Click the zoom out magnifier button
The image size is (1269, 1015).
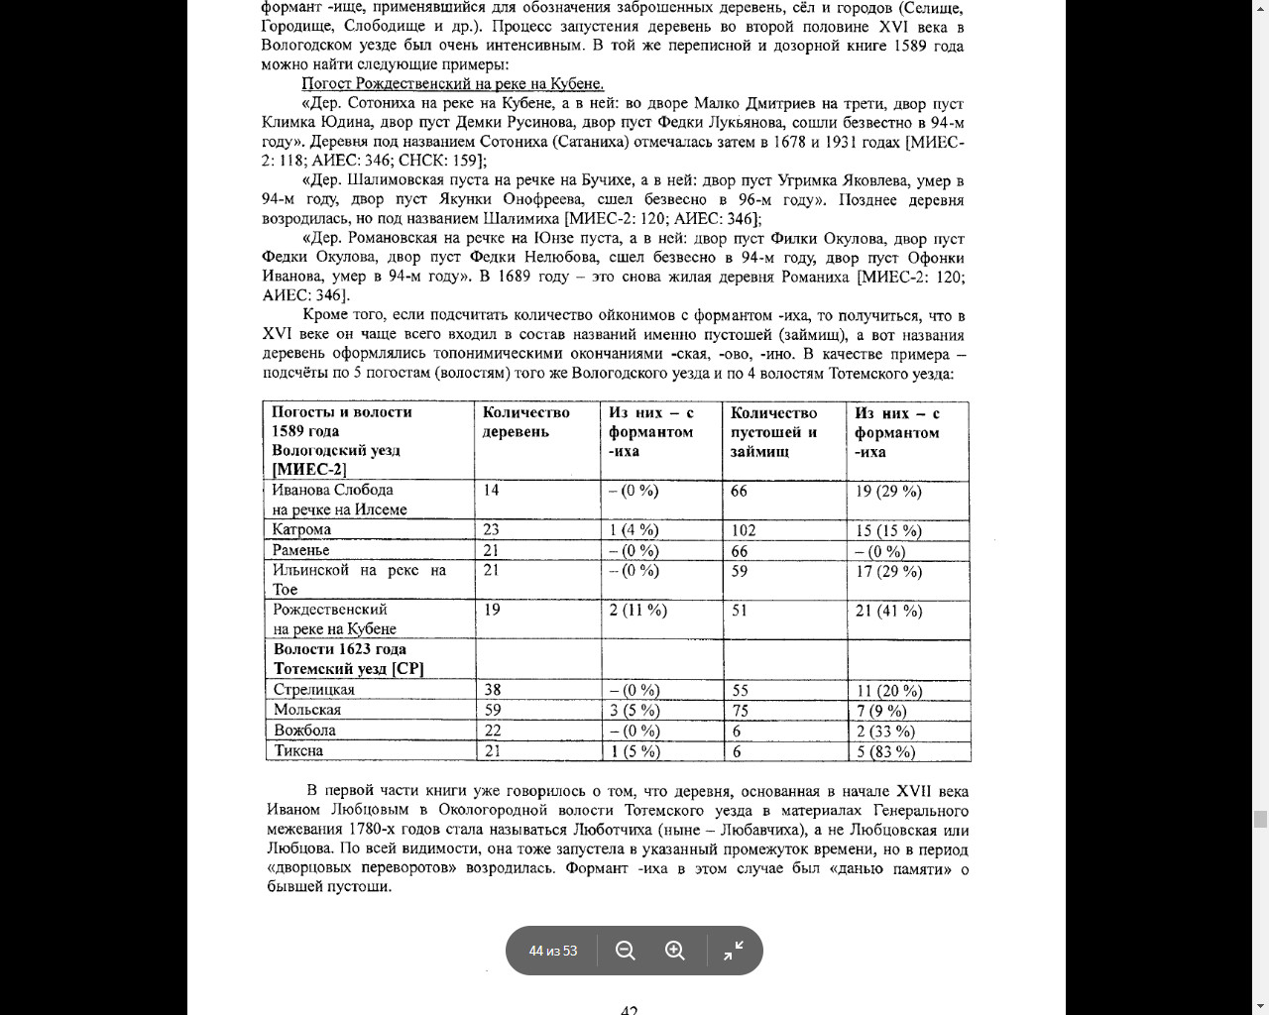pos(626,951)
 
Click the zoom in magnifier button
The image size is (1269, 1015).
pos(675,951)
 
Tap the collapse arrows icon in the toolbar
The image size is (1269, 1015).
pos(734,951)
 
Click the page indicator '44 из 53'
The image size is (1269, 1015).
pos(553,951)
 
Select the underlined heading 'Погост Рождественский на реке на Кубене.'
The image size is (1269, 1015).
pos(452,84)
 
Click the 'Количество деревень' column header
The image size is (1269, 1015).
pos(525,421)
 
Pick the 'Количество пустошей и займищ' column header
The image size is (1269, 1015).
pos(773,431)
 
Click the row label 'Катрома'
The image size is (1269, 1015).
pos(301,529)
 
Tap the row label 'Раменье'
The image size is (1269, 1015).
pos(300,550)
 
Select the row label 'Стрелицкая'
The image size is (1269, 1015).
pos(313,690)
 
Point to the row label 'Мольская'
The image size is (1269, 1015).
pos(307,710)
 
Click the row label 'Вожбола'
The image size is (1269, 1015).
pos(304,731)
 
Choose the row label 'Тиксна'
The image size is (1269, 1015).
pos(298,750)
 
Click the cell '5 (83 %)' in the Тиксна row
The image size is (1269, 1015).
pos(885,751)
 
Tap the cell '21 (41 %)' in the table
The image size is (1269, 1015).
pos(888,611)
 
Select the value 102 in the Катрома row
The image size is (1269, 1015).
pos(744,530)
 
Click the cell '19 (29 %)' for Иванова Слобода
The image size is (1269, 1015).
pos(888,491)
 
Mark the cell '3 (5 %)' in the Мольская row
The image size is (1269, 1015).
pos(634,710)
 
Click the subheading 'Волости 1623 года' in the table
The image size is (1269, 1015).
pos(340,649)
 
